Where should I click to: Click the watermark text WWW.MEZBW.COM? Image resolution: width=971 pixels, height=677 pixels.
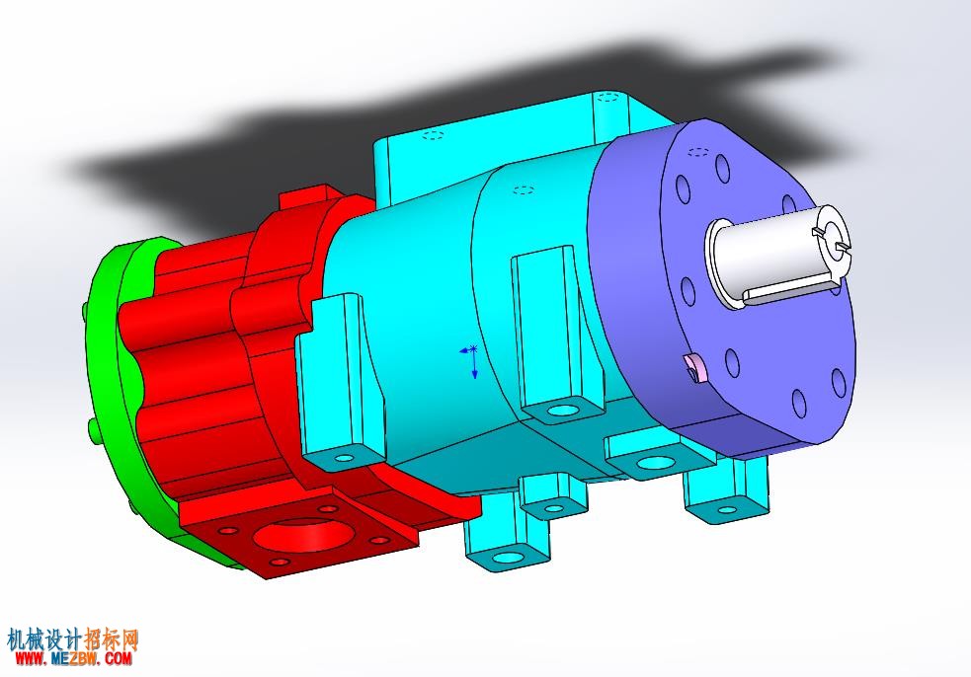click(74, 658)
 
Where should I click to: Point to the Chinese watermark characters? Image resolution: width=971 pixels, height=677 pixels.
click(73, 639)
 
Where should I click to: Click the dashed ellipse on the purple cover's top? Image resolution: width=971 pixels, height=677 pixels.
click(698, 151)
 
